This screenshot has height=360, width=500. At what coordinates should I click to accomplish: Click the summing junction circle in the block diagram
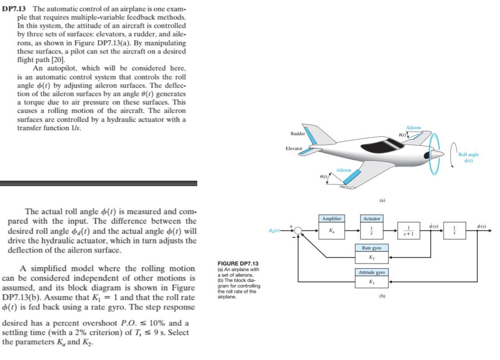(x=298, y=231)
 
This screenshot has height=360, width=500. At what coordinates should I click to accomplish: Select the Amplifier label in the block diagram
(x=332, y=219)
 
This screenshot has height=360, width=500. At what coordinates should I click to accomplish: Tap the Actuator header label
(x=372, y=219)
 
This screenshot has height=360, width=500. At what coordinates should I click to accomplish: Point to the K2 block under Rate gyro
(x=372, y=258)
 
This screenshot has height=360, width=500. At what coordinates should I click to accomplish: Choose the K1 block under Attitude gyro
(x=372, y=282)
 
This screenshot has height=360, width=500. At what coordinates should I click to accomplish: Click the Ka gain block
(x=332, y=231)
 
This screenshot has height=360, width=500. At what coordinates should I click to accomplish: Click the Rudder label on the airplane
(x=298, y=134)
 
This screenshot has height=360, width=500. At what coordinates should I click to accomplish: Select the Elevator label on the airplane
(x=294, y=148)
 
